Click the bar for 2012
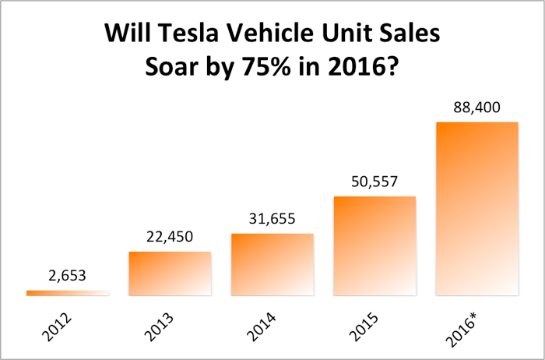pos(68,293)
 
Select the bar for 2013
pos(170,273)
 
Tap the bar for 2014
pos(272,264)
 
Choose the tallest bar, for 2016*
pos(477,208)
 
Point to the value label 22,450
pos(170,237)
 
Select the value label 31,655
pos(272,219)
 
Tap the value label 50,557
pos(374,182)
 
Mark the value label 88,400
pos(477,108)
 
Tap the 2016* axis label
pos(465,328)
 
